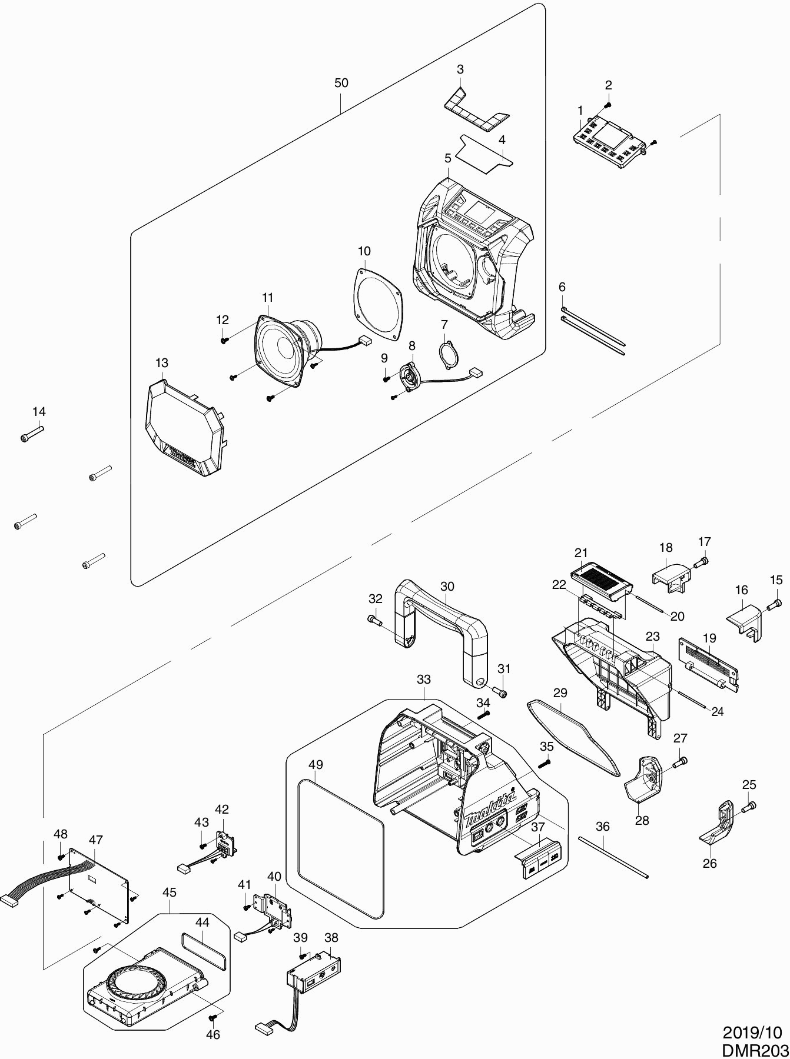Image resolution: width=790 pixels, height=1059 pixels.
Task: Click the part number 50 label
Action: click(341, 83)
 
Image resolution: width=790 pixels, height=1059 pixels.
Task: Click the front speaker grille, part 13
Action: click(182, 429)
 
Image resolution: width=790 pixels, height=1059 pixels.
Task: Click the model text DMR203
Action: click(755, 1050)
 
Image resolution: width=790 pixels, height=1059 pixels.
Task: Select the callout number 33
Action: click(424, 679)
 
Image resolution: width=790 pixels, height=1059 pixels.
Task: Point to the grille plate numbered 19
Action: click(709, 662)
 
